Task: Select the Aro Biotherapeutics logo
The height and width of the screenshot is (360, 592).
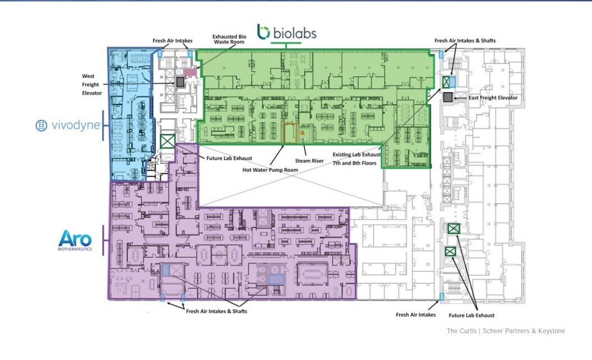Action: pos(75,240)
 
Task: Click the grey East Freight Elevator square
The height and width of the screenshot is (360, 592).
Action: pos(447,98)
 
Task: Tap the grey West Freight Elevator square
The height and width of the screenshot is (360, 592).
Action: pos(180,82)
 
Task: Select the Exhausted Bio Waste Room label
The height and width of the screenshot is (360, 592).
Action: pos(228,39)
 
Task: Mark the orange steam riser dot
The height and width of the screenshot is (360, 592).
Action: pos(302,132)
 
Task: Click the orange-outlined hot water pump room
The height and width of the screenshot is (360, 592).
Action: pos(290,133)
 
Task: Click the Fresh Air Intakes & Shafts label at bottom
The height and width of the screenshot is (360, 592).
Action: pos(217,311)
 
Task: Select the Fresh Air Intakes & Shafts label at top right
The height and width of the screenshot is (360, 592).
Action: pos(465,40)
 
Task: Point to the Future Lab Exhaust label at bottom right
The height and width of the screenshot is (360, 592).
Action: pos(472,316)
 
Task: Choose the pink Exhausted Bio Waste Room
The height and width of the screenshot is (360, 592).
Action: pos(190,72)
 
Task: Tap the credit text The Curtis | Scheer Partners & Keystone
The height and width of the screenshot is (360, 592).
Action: pos(506,331)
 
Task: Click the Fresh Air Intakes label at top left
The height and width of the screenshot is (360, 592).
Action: pos(173,41)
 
